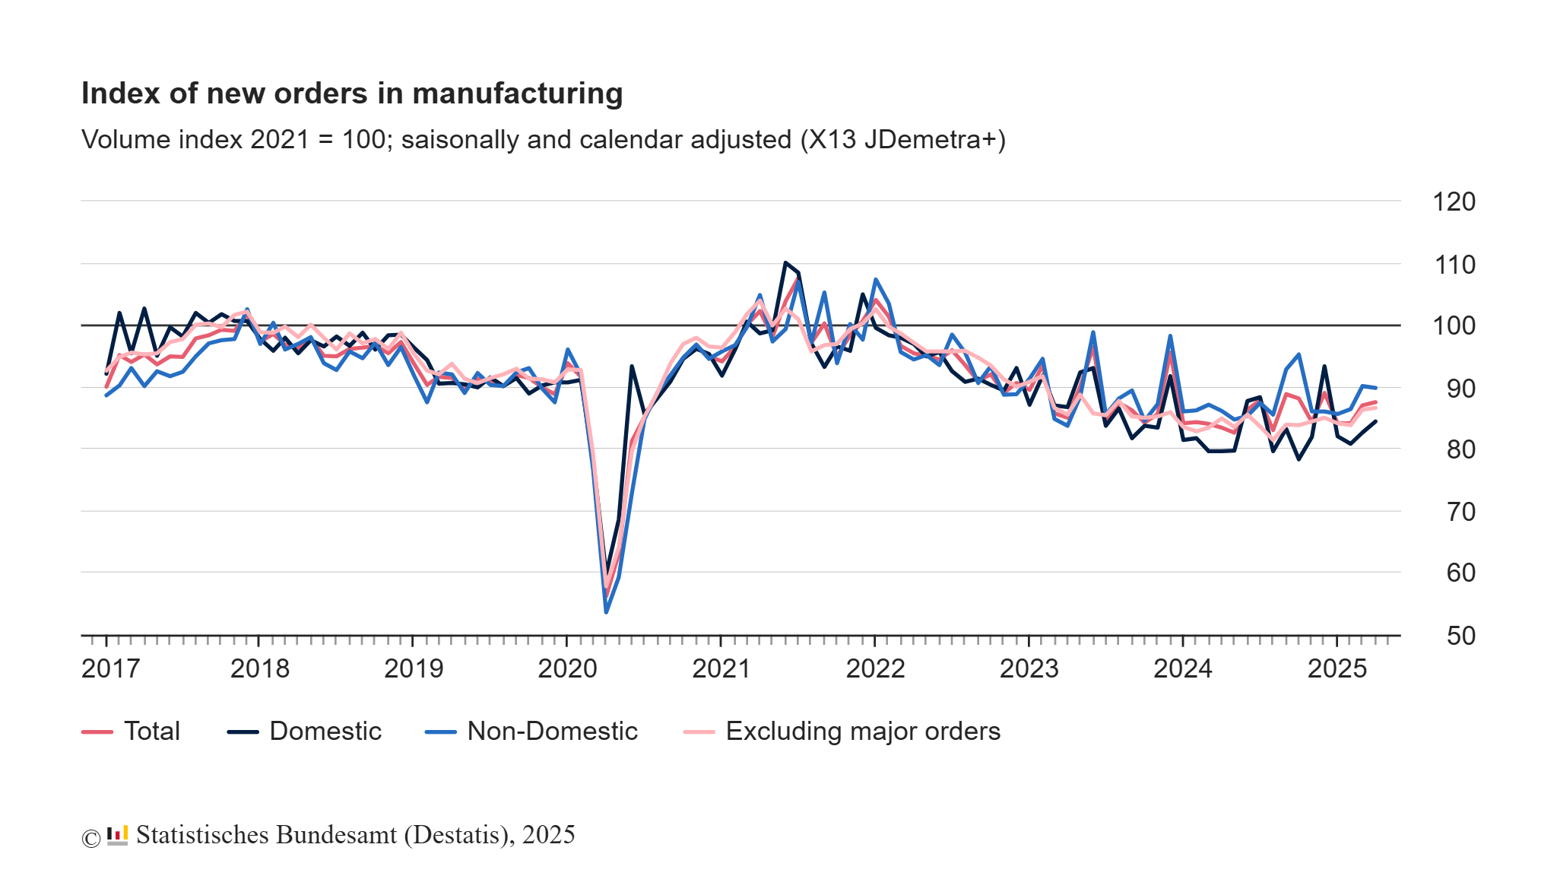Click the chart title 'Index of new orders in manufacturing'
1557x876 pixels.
(352, 94)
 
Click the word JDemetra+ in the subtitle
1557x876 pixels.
(934, 140)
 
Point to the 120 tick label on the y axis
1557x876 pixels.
(1453, 202)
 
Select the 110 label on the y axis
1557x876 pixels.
(1453, 265)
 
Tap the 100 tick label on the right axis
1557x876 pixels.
(1453, 326)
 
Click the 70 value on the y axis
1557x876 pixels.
(1460, 512)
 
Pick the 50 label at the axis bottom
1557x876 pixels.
(1460, 636)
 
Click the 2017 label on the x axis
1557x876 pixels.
(110, 668)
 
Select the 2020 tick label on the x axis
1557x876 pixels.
(567, 668)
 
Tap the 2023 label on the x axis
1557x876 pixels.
(1029, 668)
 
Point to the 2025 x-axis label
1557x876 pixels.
(1337, 668)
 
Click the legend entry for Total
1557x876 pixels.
(151, 732)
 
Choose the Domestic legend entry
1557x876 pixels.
(325, 732)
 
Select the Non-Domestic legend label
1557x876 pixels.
(552, 732)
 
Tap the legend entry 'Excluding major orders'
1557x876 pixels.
(862, 732)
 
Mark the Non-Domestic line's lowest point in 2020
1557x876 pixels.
(606, 611)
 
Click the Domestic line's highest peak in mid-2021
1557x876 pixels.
(785, 263)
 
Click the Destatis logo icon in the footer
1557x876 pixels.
(117, 836)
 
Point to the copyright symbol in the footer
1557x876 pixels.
(90, 838)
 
